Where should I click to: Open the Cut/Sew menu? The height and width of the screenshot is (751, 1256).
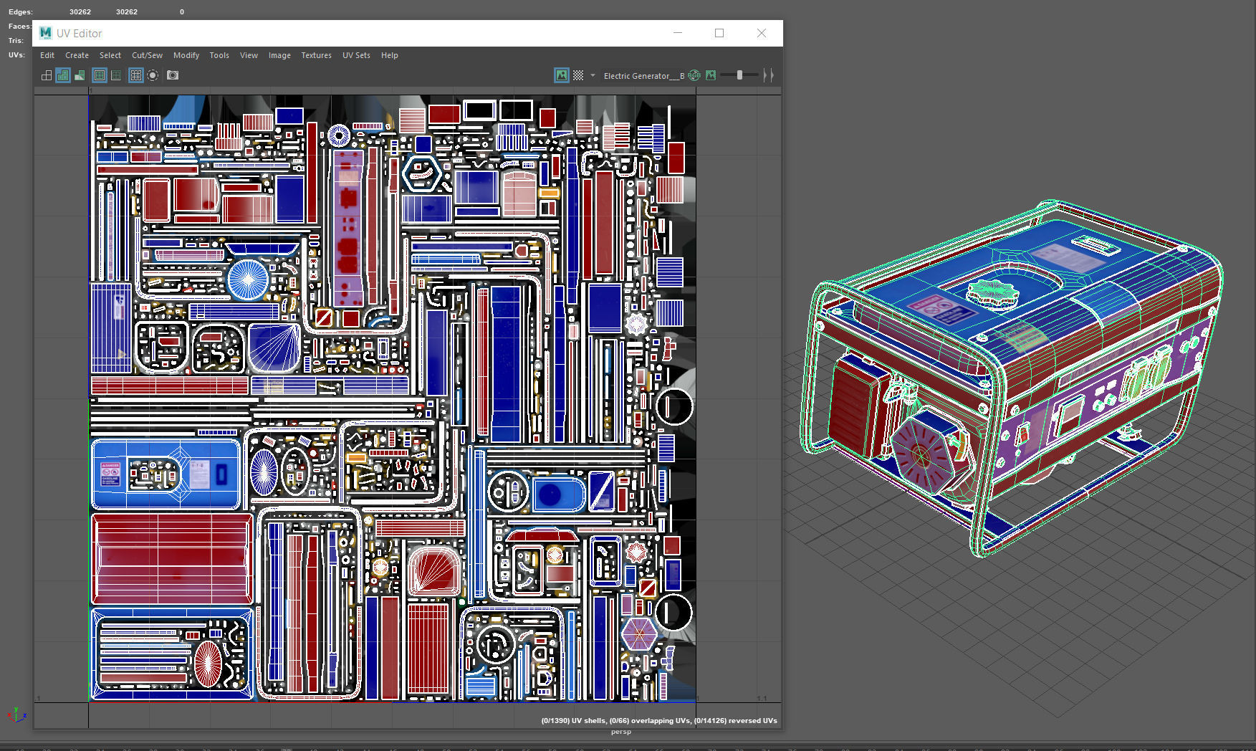point(147,55)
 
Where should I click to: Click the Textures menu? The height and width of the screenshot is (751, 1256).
point(316,55)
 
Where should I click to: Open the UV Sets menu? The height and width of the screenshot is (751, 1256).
point(356,55)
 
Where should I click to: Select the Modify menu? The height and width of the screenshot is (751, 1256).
point(186,55)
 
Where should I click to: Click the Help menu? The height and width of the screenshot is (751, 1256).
point(389,55)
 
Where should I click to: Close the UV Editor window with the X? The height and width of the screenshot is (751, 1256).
point(762,33)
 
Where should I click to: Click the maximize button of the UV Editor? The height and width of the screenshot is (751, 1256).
point(719,33)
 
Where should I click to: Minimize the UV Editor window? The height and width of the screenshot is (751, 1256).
point(678,33)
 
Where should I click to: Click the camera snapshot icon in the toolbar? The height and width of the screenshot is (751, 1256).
point(173,75)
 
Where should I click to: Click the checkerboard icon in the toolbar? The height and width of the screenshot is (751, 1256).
point(578,75)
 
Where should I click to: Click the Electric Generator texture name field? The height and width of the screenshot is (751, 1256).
point(643,75)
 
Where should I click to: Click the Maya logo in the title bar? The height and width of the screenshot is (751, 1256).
point(46,33)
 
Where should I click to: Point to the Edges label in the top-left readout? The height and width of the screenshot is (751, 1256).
point(20,11)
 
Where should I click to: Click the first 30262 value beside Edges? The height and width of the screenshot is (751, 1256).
point(80,11)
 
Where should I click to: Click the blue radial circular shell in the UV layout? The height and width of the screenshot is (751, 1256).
point(248,279)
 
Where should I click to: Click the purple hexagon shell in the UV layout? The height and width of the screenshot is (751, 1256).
point(639,633)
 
